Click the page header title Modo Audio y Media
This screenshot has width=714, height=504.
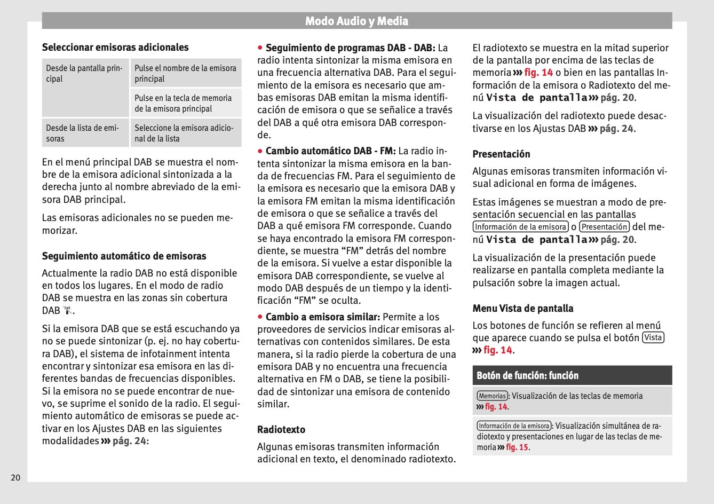(x=356, y=21)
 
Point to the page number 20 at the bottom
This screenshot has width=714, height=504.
(x=15, y=477)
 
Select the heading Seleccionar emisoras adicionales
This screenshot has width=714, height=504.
(x=115, y=47)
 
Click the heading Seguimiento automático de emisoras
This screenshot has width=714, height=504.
(x=124, y=256)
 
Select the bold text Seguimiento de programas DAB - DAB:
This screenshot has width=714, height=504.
(x=350, y=48)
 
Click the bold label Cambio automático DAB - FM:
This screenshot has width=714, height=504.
(x=330, y=151)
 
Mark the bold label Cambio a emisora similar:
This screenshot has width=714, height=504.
(x=322, y=317)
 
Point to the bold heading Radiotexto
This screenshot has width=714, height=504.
(x=281, y=429)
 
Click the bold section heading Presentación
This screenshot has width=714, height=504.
(x=501, y=154)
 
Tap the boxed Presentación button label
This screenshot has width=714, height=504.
(x=604, y=227)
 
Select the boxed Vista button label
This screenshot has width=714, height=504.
(x=653, y=337)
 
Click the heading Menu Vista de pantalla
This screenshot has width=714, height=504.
(x=522, y=308)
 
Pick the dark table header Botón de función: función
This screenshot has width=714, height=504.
(x=527, y=375)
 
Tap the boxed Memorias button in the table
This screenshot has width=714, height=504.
(x=492, y=396)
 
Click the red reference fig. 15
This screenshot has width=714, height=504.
(x=517, y=447)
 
